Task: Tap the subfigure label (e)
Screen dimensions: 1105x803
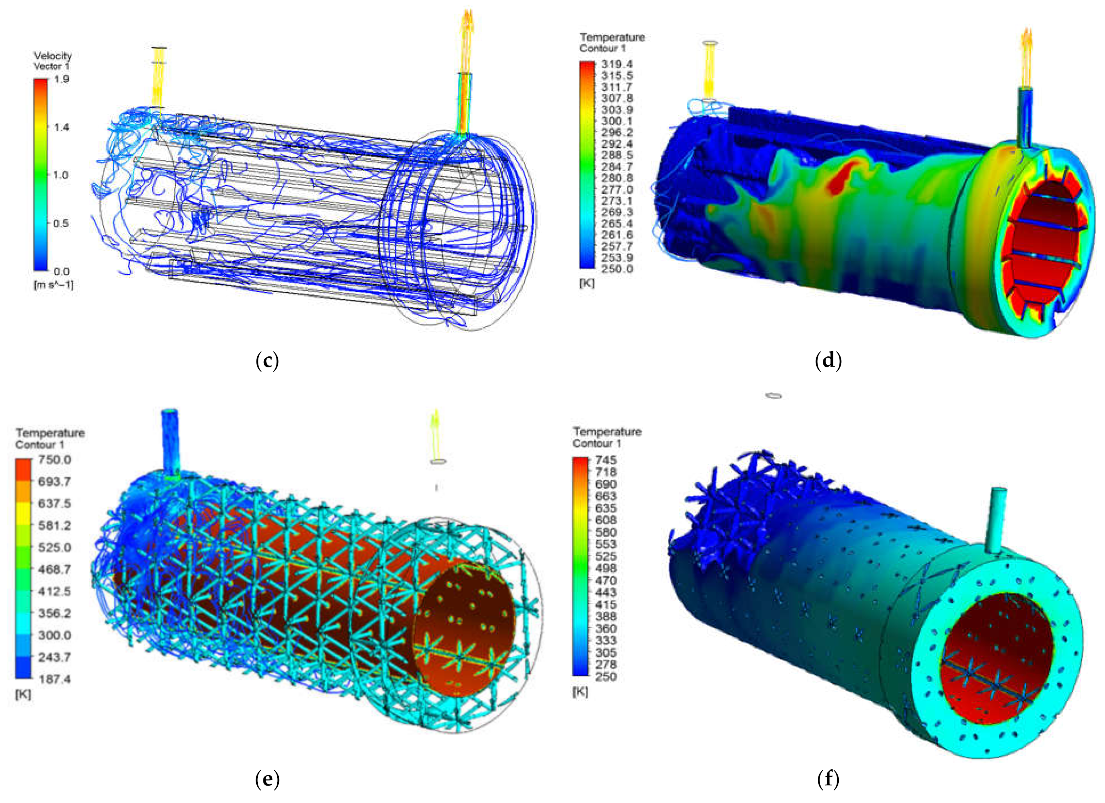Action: (x=267, y=780)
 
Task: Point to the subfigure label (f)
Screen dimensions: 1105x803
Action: (x=828, y=780)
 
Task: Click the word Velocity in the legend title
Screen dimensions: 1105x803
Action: (x=53, y=56)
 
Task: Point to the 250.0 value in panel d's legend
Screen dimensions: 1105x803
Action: (x=617, y=269)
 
